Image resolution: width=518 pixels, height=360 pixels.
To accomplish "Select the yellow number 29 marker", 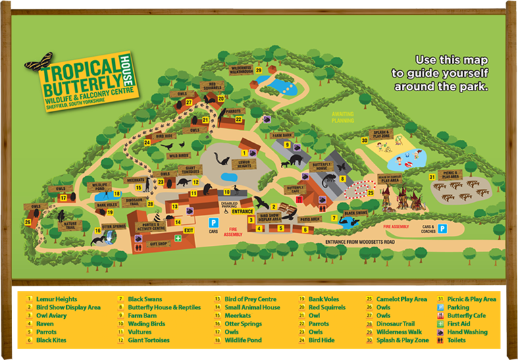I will (259, 70).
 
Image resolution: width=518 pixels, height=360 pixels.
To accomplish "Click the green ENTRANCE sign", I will (241, 211).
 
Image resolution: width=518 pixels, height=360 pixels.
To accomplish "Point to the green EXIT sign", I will (188, 230).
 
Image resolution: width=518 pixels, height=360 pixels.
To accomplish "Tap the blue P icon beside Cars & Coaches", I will (443, 229).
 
